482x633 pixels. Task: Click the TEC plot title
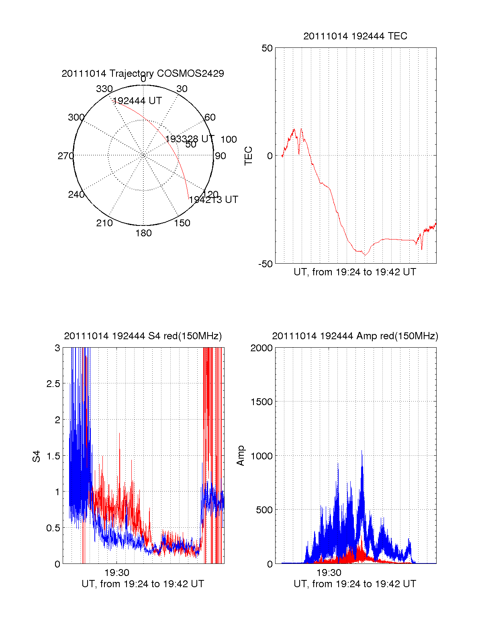pos(355,36)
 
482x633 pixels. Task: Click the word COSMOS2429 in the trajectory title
pos(190,73)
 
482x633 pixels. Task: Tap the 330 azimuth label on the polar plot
pos(104,88)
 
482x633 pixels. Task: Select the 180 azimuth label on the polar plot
pos(143,233)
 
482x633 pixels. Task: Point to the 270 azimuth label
pos(66,156)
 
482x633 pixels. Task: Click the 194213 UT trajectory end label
pos(214,200)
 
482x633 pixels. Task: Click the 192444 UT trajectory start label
pos(137,100)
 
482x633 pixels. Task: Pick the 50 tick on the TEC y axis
pos(267,48)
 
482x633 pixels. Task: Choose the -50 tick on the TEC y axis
pos(265,264)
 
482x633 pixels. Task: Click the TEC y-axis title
pos(248,156)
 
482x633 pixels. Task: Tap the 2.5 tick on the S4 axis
pos(53,383)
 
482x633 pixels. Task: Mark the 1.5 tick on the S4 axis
pos(53,456)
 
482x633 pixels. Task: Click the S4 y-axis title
pos(36,456)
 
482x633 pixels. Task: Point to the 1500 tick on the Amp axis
pos(261,402)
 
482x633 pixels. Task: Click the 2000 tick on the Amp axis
pos(261,348)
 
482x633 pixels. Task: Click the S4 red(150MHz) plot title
pos(143,336)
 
